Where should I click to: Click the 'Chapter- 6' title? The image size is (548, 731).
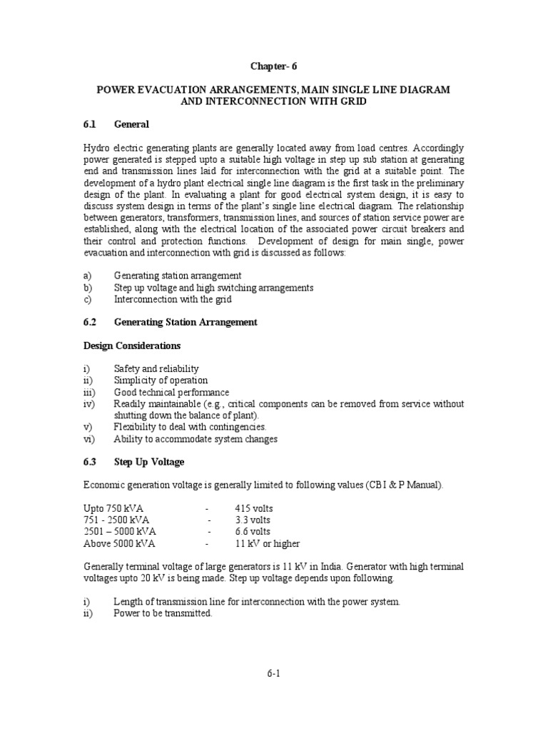273,66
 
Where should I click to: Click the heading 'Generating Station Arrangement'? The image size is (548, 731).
186,322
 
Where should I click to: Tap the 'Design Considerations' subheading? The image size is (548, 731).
132,346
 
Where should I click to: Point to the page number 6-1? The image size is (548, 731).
274,673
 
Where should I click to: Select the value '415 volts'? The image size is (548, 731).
253,508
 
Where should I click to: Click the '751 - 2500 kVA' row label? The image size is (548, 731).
117,520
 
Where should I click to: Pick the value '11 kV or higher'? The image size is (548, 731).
267,543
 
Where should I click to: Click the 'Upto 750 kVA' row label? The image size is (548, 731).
113,508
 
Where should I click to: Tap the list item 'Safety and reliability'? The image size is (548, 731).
156,369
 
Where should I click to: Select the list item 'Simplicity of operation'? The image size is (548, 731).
161,380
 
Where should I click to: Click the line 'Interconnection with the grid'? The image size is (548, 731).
173,299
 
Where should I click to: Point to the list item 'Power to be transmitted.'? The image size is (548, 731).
163,613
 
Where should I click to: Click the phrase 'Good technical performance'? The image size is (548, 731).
171,392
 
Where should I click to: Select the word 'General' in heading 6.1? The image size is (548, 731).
131,124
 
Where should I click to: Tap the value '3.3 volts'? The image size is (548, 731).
253,520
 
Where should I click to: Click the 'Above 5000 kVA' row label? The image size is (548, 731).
118,543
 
